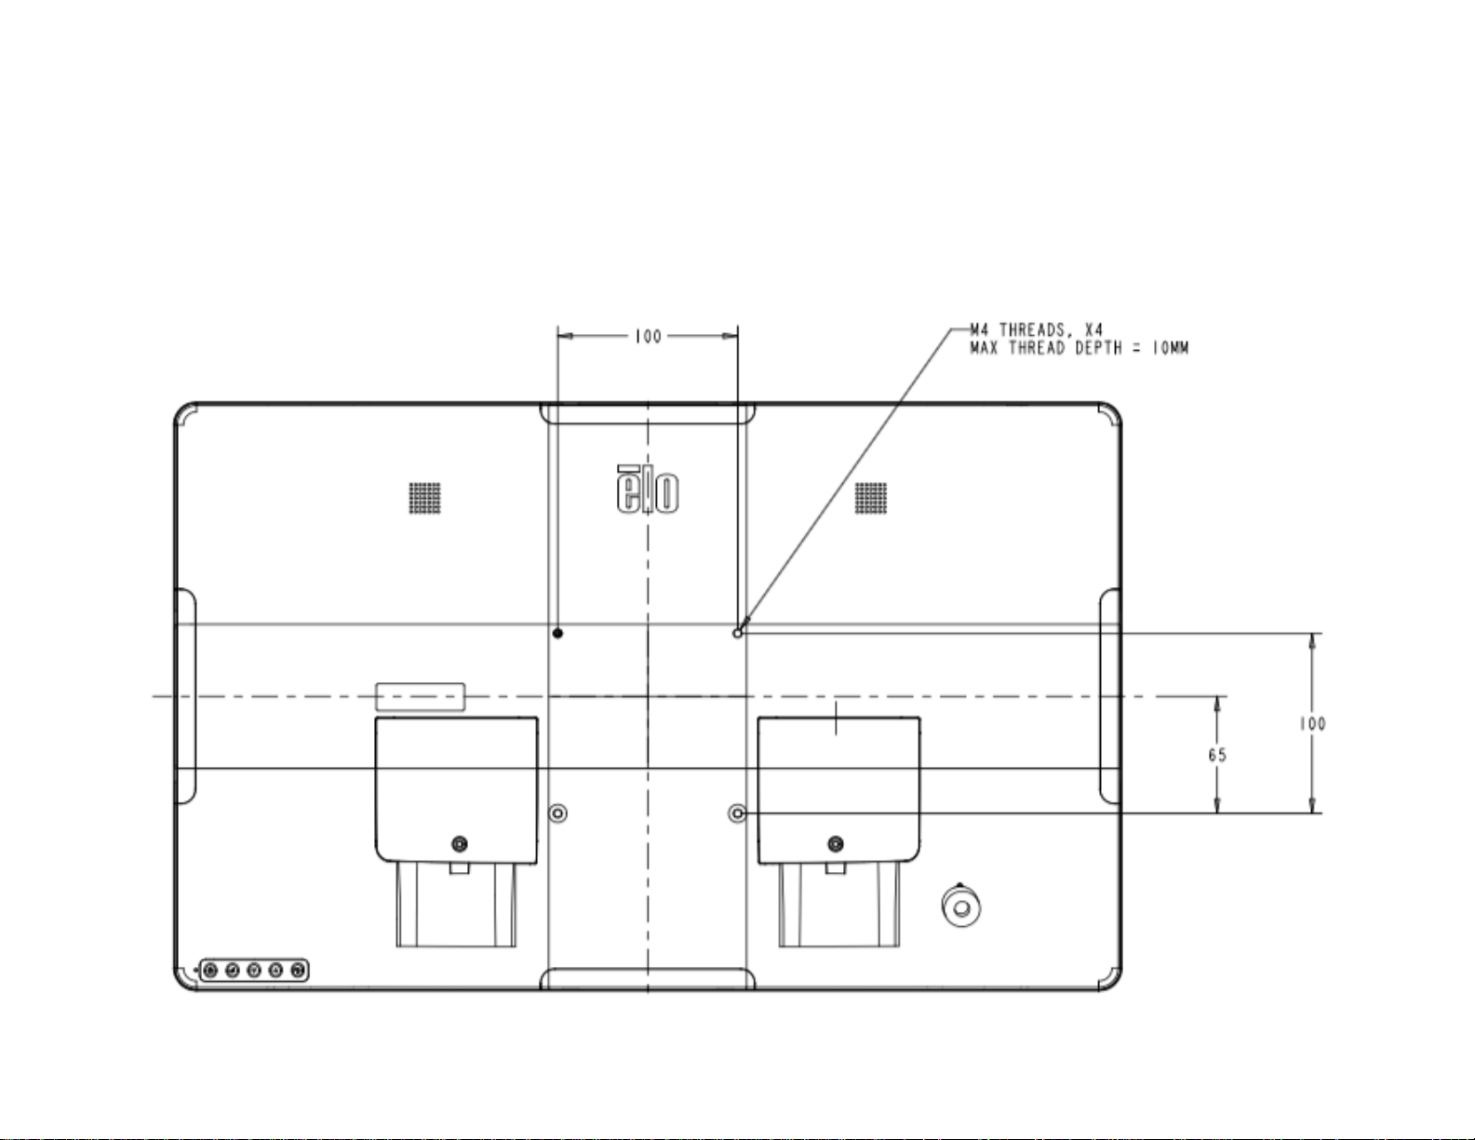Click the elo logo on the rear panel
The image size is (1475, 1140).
click(x=647, y=490)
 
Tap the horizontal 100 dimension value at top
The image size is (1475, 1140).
click(x=648, y=337)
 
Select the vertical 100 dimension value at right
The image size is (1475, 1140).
click(x=1312, y=724)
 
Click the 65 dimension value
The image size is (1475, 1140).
click(x=1217, y=755)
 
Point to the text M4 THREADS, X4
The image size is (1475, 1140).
click(x=1037, y=330)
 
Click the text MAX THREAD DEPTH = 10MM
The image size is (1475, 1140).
click(x=1079, y=349)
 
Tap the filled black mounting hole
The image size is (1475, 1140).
click(x=558, y=633)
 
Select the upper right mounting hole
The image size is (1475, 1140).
click(x=738, y=633)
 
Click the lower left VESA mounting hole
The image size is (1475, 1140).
click(x=558, y=813)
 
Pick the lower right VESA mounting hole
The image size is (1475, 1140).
click(x=737, y=813)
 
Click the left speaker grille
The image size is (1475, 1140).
click(x=425, y=498)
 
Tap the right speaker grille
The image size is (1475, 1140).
click(x=871, y=498)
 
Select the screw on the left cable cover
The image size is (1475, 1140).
click(x=460, y=844)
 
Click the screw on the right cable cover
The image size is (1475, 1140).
click(x=836, y=844)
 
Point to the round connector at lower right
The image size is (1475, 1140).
click(x=961, y=905)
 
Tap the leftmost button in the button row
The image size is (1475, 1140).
click(x=210, y=971)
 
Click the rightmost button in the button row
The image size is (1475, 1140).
click(x=297, y=971)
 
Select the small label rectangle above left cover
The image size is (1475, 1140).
click(x=421, y=697)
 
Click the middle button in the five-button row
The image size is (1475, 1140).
click(x=254, y=971)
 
